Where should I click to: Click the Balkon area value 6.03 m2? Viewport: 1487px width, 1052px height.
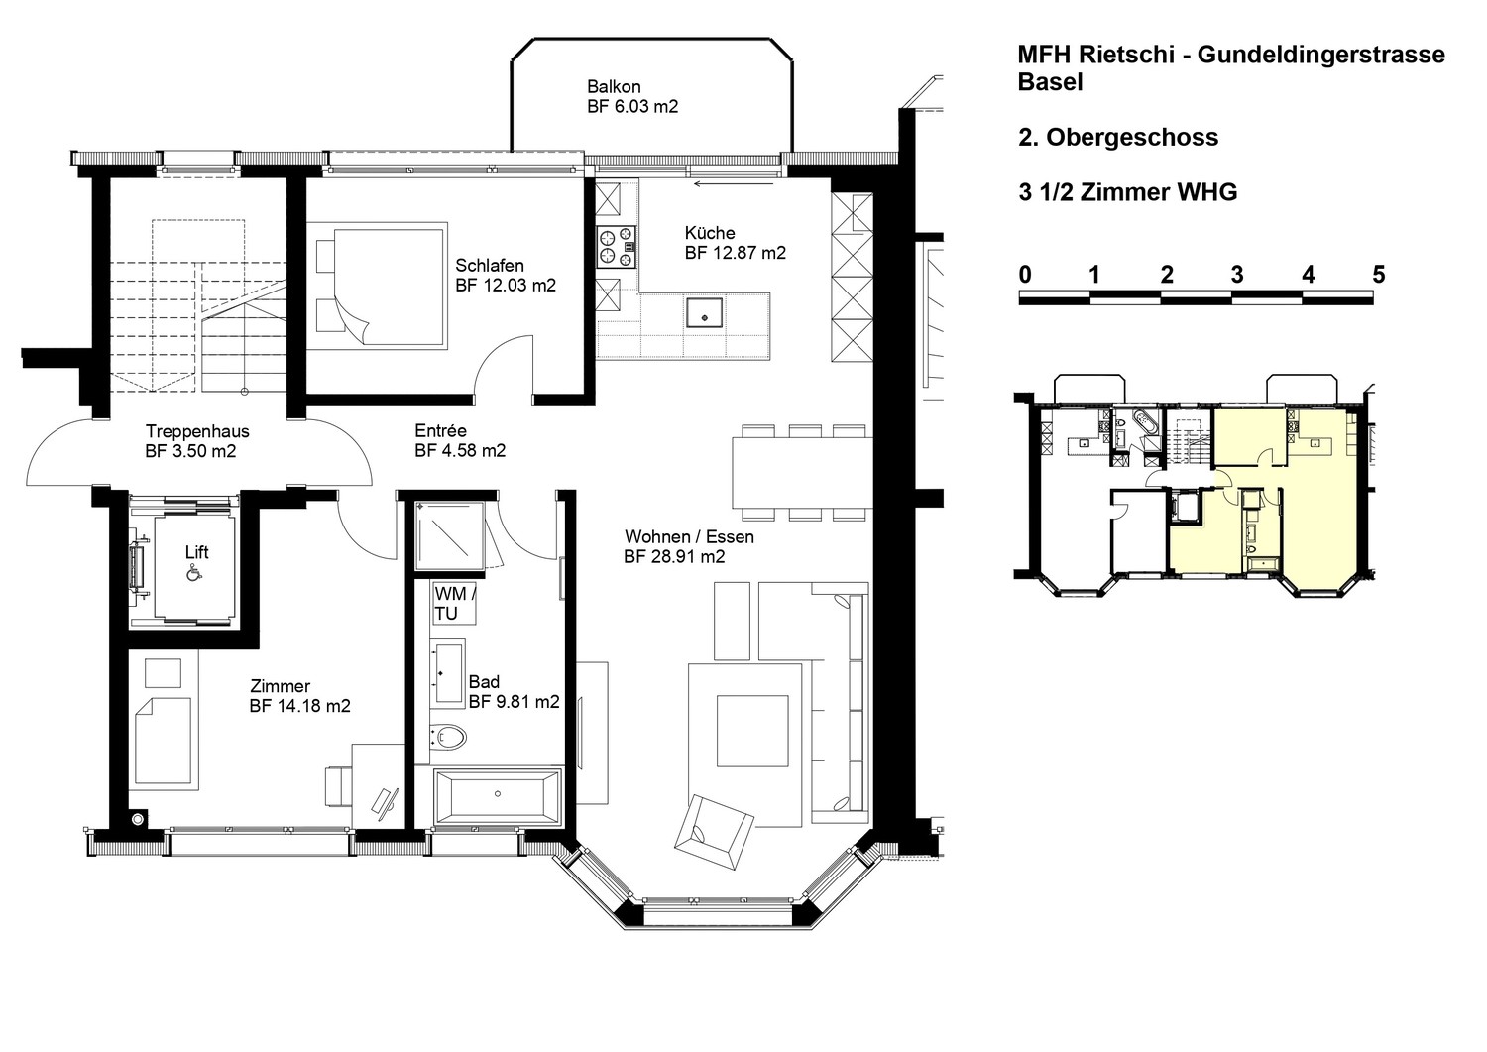pyautogui.click(x=632, y=107)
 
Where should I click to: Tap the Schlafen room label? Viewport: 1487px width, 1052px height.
pyautogui.click(x=490, y=266)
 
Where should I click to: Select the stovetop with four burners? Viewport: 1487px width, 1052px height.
pyautogui.click(x=617, y=247)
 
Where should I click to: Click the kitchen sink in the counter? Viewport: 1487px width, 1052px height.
pyautogui.click(x=704, y=312)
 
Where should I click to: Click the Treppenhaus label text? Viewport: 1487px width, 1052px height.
pyautogui.click(x=197, y=431)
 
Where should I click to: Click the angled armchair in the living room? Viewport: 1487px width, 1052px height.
pyautogui.click(x=714, y=832)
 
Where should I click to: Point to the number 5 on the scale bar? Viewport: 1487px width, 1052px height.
pyautogui.click(x=1379, y=275)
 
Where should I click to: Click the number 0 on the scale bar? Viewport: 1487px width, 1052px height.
pyautogui.click(x=1025, y=275)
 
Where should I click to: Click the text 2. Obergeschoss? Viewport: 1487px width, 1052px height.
pyautogui.click(x=1118, y=138)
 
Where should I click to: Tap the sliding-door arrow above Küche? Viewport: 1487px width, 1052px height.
pyautogui.click(x=734, y=184)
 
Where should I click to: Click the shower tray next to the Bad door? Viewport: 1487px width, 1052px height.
pyautogui.click(x=450, y=536)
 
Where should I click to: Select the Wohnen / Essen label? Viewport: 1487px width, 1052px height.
pyautogui.click(x=689, y=536)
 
